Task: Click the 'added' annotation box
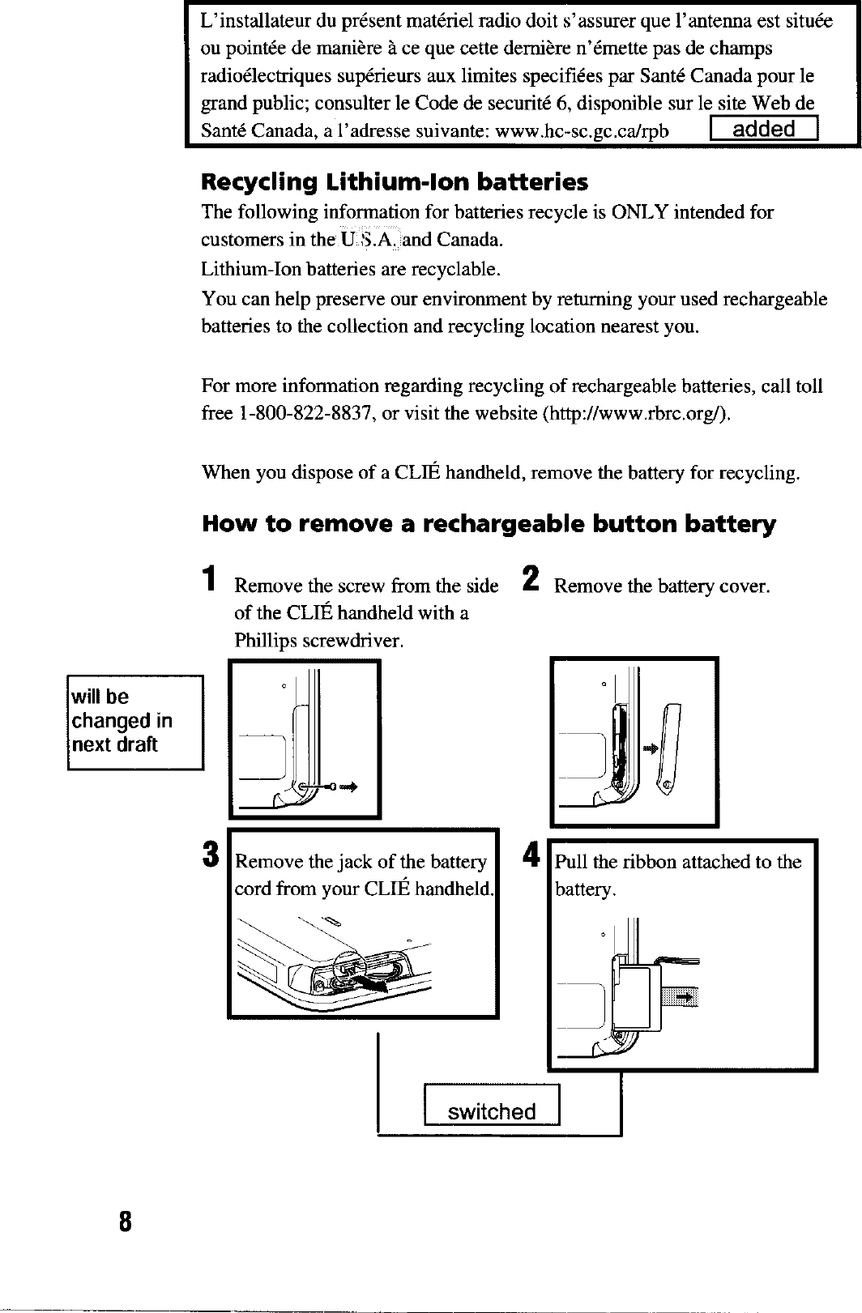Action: [x=763, y=130]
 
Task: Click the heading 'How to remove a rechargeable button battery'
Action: [x=488, y=524]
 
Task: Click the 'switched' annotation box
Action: [x=492, y=1111]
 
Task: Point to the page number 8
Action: [x=124, y=1220]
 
